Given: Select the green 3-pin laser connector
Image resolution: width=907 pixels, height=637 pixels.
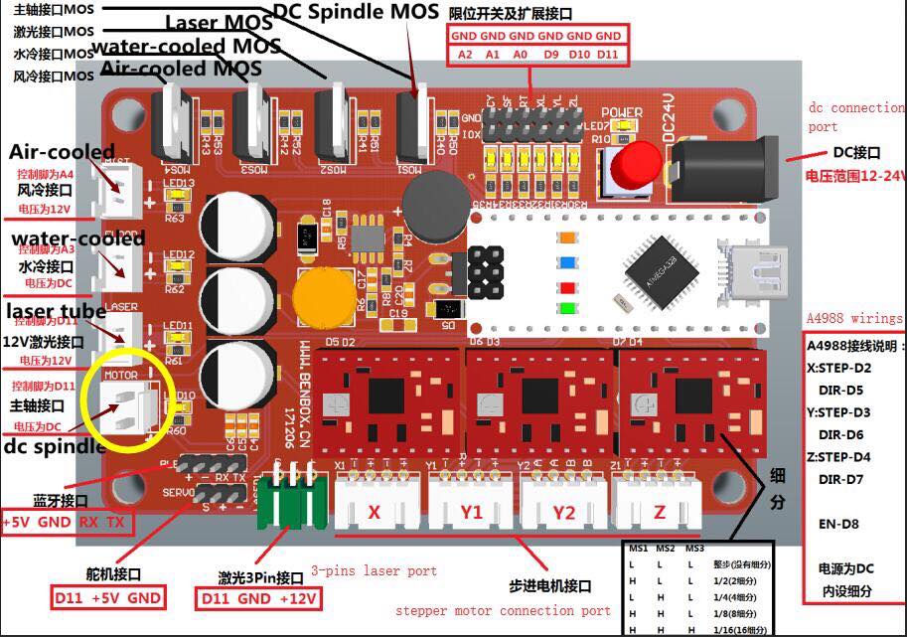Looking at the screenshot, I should (291, 507).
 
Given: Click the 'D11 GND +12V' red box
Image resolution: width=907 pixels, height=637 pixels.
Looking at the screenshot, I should (259, 599).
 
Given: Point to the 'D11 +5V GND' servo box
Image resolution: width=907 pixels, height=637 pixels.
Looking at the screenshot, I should (109, 598).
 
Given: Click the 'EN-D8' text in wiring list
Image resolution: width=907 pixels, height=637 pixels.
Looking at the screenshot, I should (839, 524).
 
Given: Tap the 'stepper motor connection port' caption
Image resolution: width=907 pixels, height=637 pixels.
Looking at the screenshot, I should (503, 610).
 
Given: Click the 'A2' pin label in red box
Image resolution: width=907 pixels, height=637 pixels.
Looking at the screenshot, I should (465, 54).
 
